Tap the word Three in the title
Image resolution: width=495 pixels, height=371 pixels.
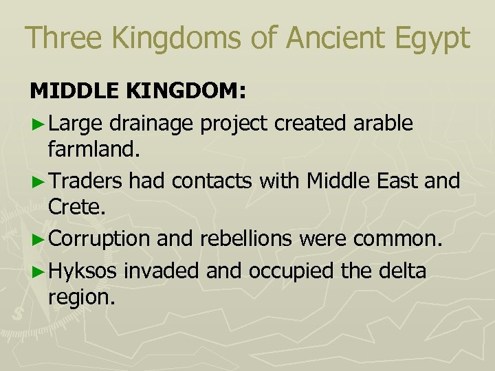[59, 38]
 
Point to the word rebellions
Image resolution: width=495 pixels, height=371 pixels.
[239, 239]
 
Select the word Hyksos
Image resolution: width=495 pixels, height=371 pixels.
[84, 271]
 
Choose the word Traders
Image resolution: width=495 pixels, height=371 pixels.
[86, 181]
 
